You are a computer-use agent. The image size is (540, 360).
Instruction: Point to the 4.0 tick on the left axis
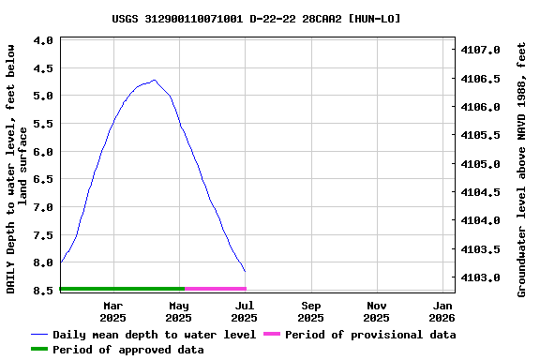tap(43, 41)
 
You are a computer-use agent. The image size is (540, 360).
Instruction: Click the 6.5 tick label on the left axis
tap(43, 179)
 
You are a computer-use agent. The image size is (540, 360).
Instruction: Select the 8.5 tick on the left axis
tap(43, 291)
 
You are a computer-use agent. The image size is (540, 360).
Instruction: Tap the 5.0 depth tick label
tap(43, 96)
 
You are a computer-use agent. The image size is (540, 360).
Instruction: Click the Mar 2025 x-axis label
tap(112, 311)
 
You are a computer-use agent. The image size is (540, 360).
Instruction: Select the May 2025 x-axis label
tap(179, 311)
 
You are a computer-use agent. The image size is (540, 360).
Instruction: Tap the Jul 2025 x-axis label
tap(245, 311)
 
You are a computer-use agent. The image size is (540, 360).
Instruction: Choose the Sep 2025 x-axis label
tap(311, 311)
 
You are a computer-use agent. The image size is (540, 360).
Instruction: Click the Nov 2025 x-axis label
tap(377, 311)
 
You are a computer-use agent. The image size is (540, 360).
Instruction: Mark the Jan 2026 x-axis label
tap(443, 311)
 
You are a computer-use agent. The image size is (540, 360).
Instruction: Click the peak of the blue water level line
tap(154, 81)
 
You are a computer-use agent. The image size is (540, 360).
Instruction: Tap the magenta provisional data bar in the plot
tap(216, 289)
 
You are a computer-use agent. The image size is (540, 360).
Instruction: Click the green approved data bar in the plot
tap(122, 289)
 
